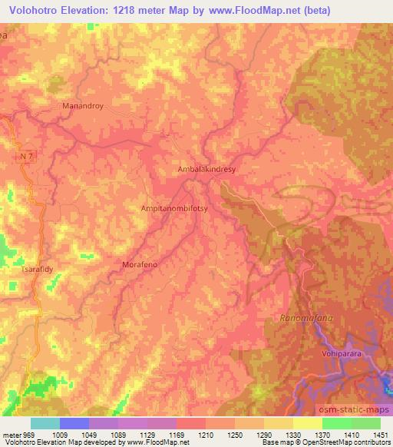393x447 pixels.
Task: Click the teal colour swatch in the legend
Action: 45,423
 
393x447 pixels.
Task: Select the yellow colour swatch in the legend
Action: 308,423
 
